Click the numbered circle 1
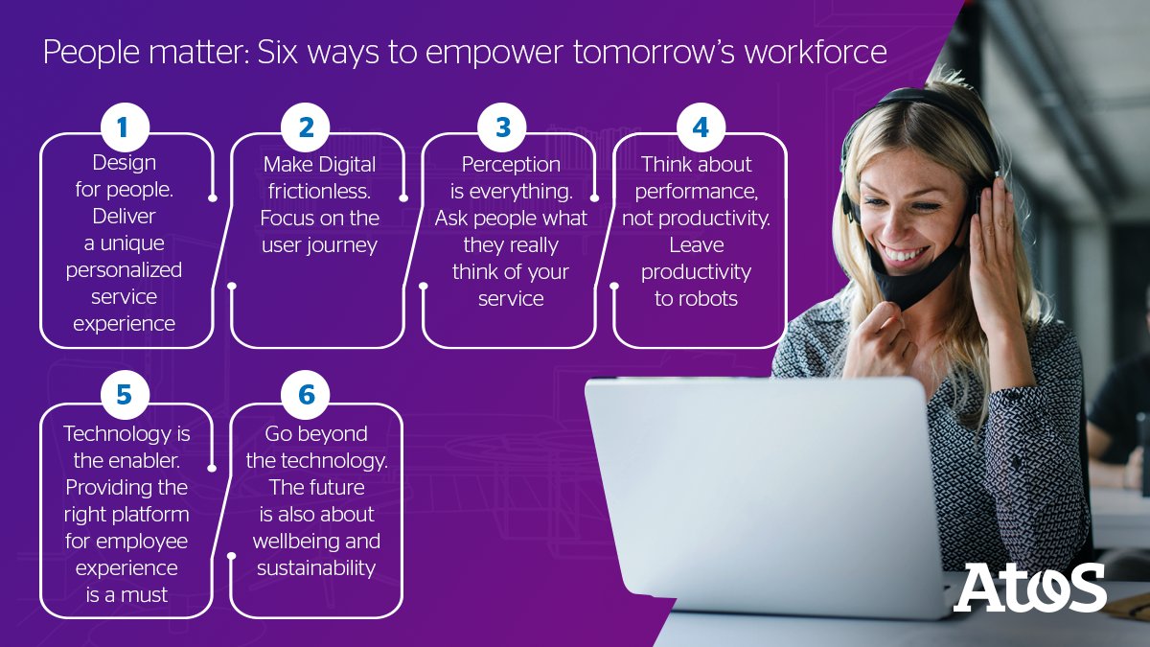[125, 127]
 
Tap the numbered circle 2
[306, 127]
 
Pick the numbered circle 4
[701, 127]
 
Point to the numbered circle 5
[125, 395]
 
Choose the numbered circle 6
[306, 395]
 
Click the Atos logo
[1029, 587]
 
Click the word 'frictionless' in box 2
[316, 191]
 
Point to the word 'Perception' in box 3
[510, 164]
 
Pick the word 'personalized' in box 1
[124, 269]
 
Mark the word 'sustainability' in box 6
[315, 567]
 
